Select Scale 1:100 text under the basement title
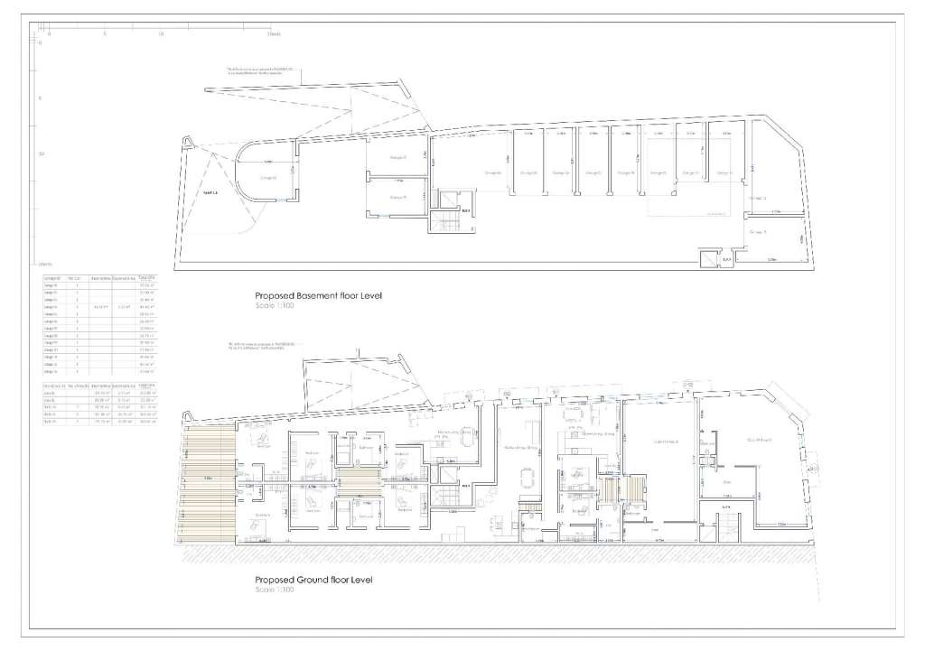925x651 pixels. click(275, 306)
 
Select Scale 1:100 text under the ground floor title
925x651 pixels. click(275, 591)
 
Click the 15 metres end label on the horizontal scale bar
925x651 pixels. click(274, 34)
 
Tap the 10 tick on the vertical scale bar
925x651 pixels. click(39, 153)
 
